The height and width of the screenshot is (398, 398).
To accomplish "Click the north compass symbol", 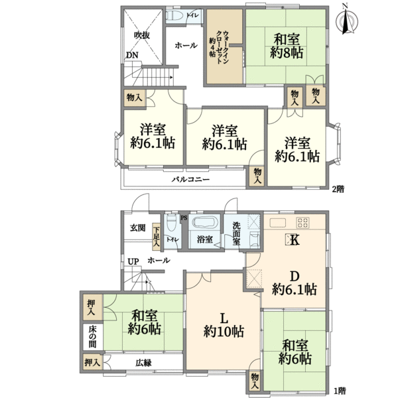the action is coord(346,21).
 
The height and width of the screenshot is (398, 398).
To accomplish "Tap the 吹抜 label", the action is coord(142,35).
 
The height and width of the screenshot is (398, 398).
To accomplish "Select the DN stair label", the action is coord(132,55).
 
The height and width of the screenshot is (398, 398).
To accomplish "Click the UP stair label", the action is coord(133,261).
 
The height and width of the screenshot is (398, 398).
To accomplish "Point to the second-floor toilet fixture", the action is coord(175,15).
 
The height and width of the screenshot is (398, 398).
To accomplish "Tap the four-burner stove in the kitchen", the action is coord(303,223).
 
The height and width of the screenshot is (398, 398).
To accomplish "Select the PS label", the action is coord(184,218).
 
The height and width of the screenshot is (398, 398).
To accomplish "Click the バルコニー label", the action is coord(190,180).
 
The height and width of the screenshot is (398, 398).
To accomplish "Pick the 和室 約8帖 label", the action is coord(287,46).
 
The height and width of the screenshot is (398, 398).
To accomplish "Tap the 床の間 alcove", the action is coord(92,337).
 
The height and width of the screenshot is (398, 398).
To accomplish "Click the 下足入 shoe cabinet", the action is coord(157,237).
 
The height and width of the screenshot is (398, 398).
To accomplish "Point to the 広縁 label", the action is coord(143,363).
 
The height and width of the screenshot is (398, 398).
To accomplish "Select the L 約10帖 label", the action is coord(224,324).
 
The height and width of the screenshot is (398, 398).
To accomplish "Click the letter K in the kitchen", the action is coord(295,240).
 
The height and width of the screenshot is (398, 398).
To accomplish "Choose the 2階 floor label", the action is coord(338,189).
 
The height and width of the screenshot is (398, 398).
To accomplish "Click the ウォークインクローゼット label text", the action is coord(219,48).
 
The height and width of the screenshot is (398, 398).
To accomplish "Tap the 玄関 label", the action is coord(138,228).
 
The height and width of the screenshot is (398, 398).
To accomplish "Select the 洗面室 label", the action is coord(236,233).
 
